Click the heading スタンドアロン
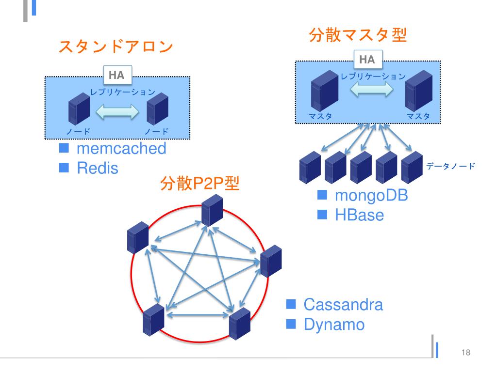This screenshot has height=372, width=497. point(116,47)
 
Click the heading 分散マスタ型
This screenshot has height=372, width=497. point(358,35)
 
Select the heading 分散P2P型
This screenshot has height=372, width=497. point(199,184)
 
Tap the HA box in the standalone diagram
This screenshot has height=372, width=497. point(116,76)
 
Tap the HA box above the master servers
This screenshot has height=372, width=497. point(367,60)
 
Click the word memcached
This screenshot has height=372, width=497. point(121,149)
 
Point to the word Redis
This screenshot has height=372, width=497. point(98,169)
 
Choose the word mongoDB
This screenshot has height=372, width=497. point(371,196)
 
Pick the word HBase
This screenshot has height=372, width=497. point(359,215)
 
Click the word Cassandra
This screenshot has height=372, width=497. point(343,305)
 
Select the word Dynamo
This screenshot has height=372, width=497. point(334,324)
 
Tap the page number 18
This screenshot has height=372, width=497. point(466,352)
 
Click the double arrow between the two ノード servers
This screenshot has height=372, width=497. point(118,112)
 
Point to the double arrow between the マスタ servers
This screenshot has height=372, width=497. point(371,90)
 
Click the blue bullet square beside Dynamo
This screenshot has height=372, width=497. point(291,323)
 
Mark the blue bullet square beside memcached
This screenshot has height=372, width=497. point(65,148)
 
